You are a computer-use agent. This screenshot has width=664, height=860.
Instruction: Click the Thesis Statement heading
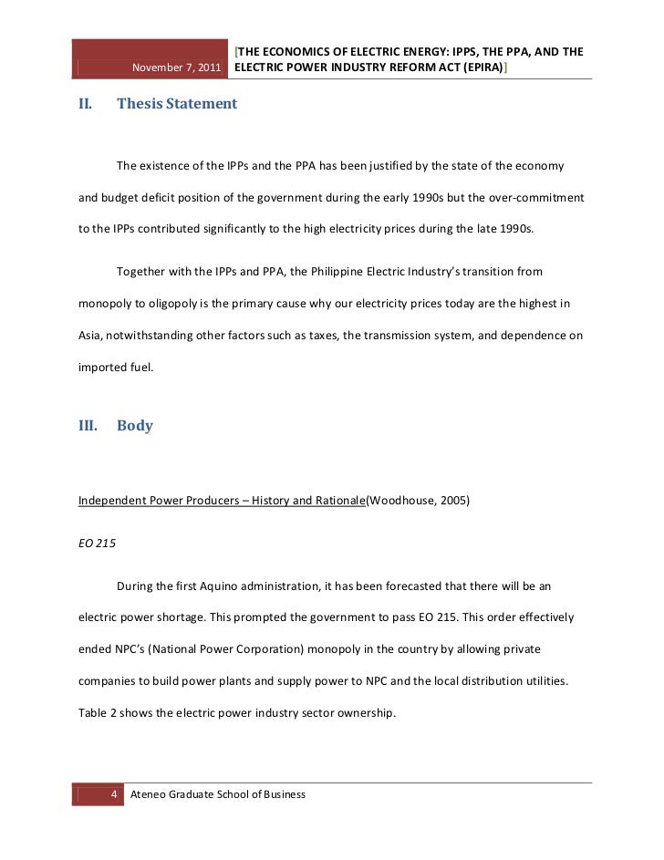point(177,104)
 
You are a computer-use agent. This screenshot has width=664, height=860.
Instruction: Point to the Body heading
point(135,425)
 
